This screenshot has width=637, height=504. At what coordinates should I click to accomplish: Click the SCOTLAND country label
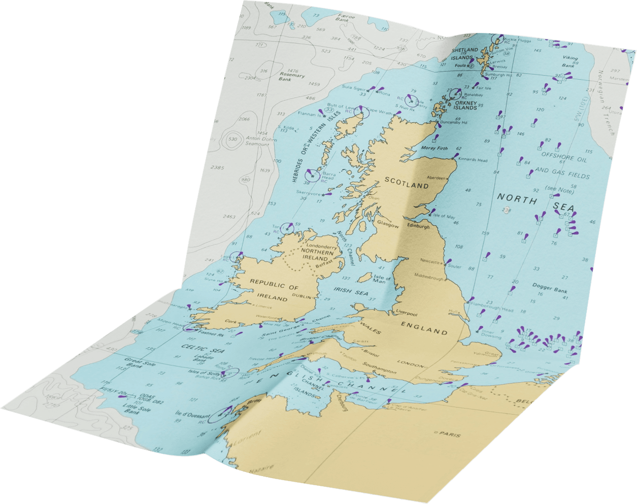click(407, 183)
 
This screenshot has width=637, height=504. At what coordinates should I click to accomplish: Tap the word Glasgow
click(387, 224)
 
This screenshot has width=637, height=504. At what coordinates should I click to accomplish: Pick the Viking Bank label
click(569, 61)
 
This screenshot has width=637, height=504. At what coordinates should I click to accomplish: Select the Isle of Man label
click(382, 279)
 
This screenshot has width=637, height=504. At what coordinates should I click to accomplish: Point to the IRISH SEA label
click(351, 291)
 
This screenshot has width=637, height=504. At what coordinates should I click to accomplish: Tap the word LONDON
click(411, 364)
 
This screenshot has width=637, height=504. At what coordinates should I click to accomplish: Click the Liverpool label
click(406, 313)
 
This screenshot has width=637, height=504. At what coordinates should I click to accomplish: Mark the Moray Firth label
click(435, 148)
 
